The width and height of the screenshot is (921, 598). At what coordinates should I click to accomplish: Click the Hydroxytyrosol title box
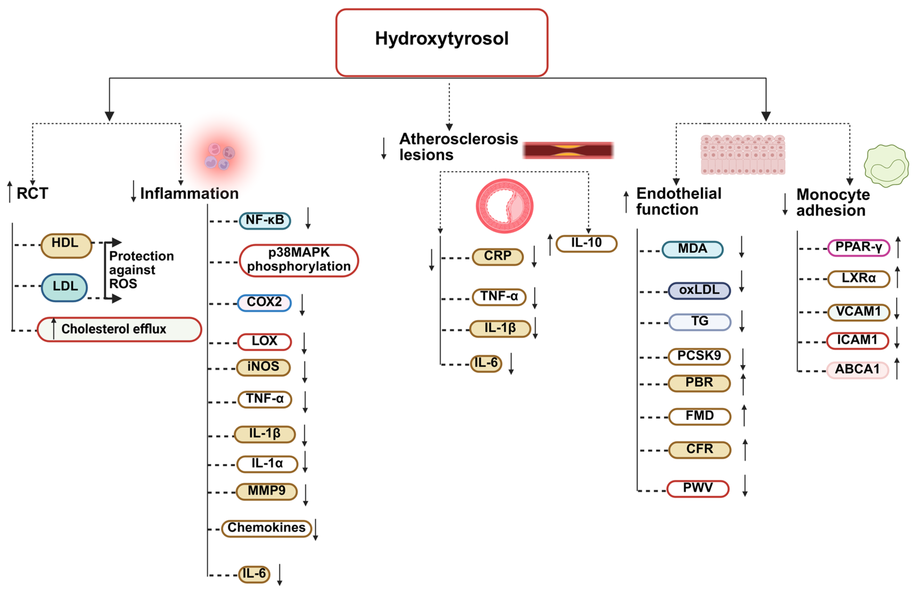[441, 43]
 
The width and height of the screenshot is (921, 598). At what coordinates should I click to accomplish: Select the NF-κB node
[265, 221]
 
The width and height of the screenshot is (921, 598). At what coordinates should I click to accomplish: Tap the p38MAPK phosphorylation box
[299, 260]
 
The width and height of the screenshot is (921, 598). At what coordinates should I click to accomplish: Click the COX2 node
[264, 302]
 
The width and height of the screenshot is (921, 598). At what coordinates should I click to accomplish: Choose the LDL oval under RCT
[65, 287]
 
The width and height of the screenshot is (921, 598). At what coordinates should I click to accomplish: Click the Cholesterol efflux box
[119, 329]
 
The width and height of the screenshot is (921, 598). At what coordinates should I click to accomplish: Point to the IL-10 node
[586, 243]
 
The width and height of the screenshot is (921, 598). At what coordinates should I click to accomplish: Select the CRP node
[498, 256]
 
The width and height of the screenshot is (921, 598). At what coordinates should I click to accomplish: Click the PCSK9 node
[699, 356]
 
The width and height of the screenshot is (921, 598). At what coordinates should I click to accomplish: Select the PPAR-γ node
[858, 248]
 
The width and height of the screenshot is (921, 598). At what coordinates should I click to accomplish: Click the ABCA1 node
[858, 370]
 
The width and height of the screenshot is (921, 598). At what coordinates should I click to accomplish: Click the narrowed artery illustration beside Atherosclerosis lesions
[568, 150]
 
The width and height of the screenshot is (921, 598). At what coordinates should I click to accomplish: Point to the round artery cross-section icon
[505, 206]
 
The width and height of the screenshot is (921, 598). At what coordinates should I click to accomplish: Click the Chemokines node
[267, 528]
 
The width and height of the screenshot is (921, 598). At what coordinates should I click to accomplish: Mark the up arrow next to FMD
[744, 415]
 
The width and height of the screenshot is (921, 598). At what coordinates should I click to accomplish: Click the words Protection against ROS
[141, 270]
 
